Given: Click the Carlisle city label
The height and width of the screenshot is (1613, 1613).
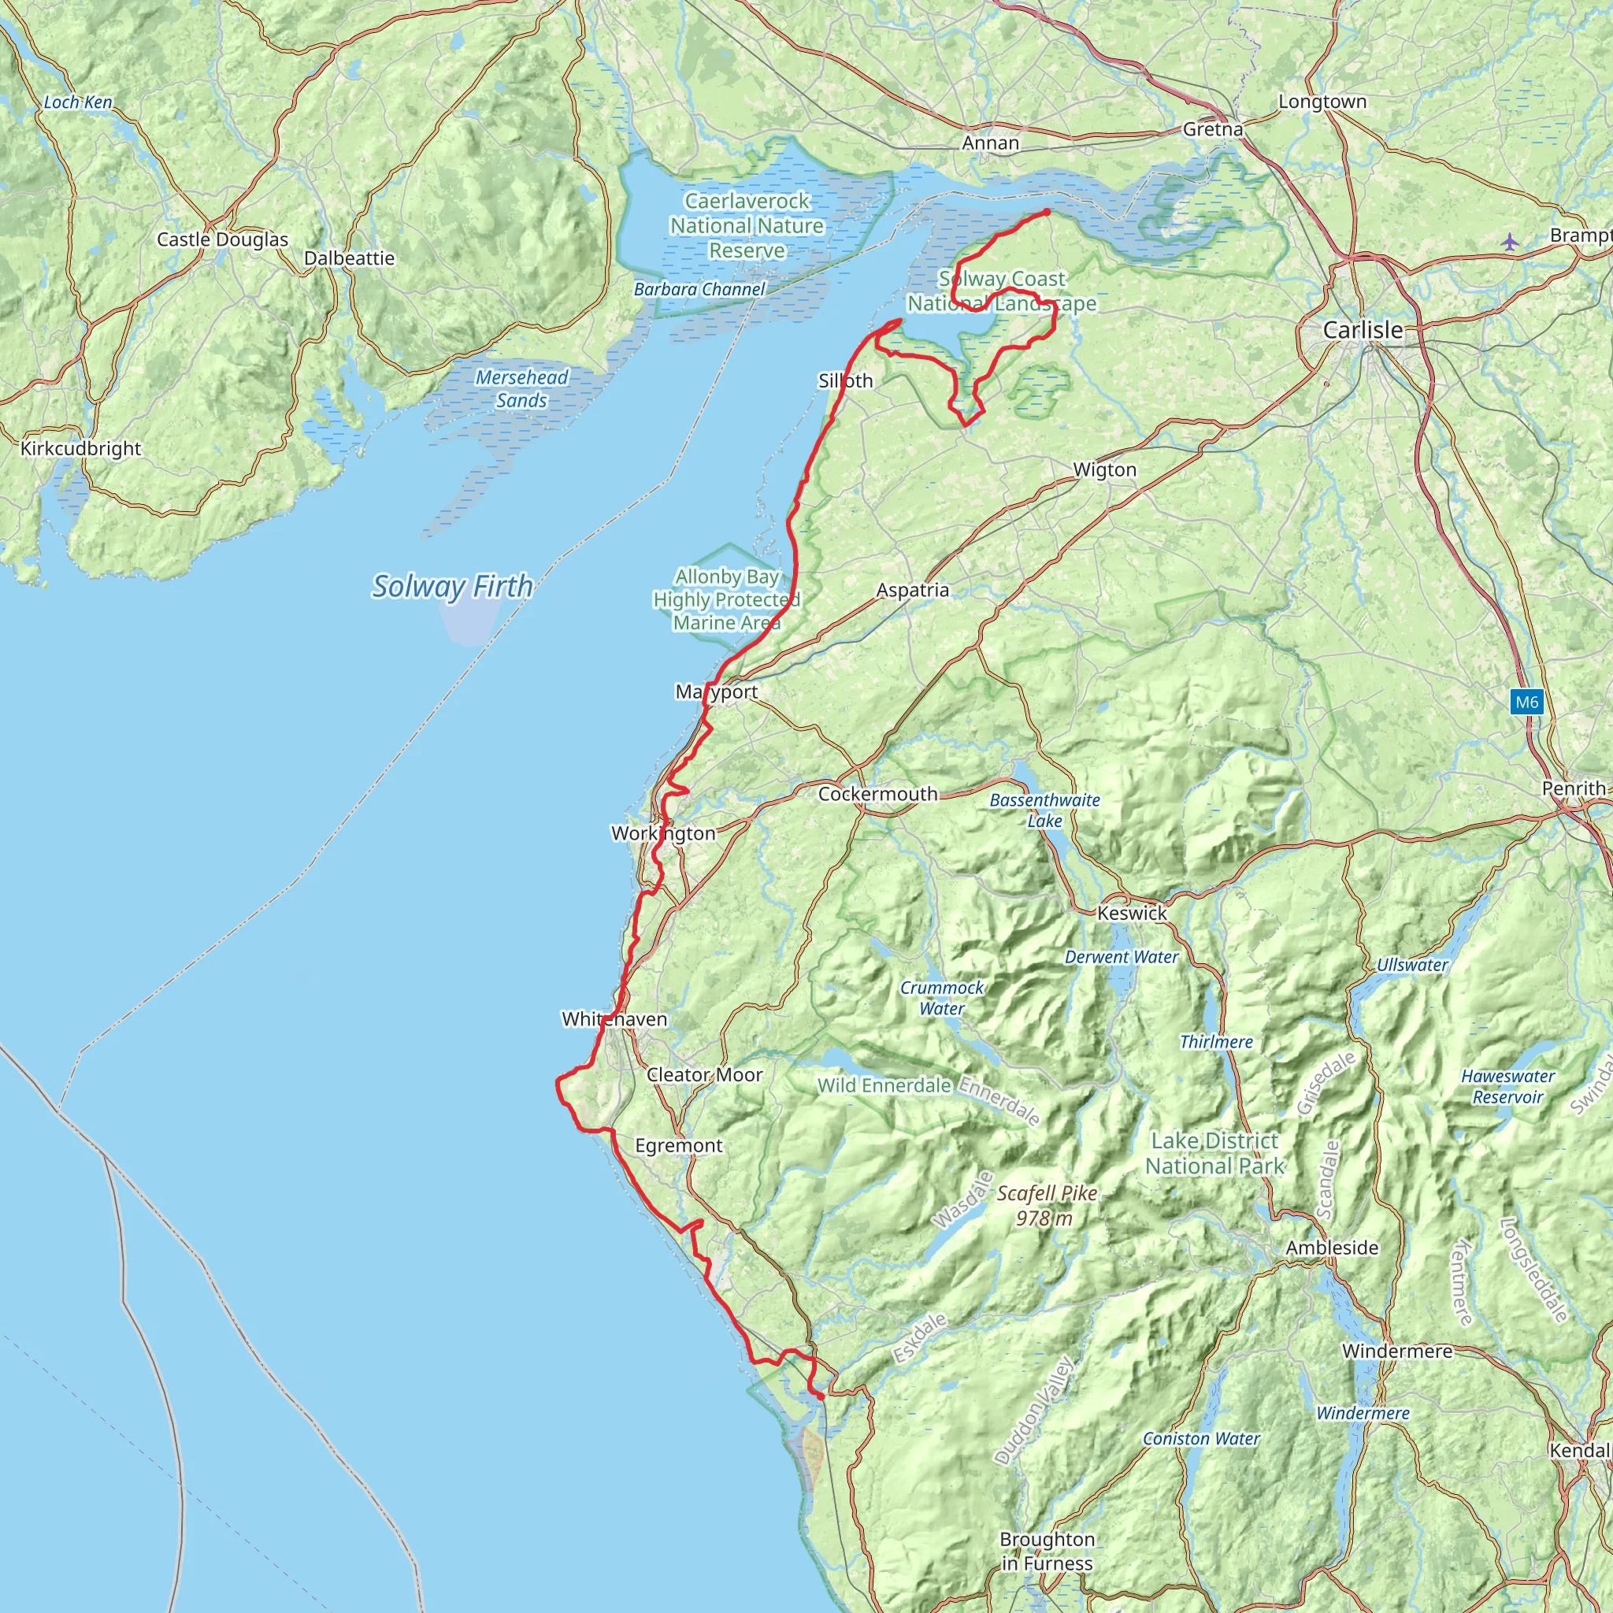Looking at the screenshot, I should (1363, 331).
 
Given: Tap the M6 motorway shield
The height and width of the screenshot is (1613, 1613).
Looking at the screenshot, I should (1527, 702).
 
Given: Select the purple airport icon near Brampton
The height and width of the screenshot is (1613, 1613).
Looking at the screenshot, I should (1510, 243).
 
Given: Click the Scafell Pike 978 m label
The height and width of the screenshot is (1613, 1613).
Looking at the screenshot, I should (1046, 1206).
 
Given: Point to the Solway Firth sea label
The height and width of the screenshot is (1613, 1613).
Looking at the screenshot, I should (451, 586).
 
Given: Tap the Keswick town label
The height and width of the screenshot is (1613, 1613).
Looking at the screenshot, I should (1132, 914).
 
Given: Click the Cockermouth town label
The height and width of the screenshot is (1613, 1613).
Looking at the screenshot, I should (877, 794).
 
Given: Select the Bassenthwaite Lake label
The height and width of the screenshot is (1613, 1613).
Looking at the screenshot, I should (1044, 810).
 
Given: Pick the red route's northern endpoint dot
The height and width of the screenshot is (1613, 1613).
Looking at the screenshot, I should (1046, 213).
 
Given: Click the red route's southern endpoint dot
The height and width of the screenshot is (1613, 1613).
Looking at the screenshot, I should (821, 1396).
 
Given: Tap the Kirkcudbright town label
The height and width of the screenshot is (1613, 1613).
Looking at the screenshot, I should (81, 448).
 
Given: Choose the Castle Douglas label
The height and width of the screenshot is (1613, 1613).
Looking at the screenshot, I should (222, 239).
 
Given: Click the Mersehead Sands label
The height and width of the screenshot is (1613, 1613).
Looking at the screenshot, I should (522, 389).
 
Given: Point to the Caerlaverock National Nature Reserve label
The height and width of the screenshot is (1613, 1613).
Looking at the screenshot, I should (747, 225).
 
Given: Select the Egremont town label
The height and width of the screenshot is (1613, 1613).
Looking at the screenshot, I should (679, 1145).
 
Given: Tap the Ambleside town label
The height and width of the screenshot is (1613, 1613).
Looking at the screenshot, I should (1332, 1248).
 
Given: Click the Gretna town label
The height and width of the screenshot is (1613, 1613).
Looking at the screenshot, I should (1212, 129).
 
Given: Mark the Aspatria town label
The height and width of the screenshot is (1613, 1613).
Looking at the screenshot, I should (913, 590).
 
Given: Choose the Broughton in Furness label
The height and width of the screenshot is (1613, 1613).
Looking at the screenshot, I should (1047, 1552).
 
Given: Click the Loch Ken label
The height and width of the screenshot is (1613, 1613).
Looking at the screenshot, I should (78, 102).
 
